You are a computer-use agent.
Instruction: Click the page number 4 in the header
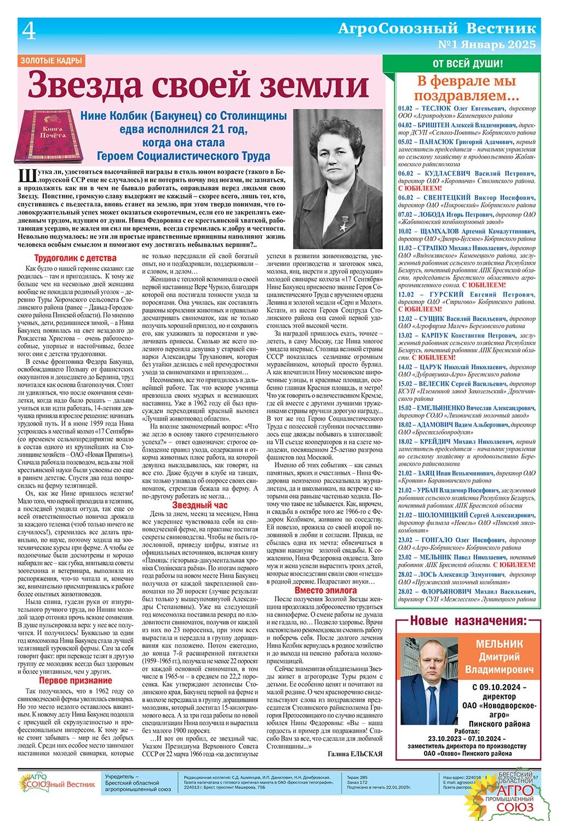coord(28,32)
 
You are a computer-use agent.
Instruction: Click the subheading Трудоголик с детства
coord(75,258)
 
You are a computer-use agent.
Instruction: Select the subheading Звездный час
coord(199,505)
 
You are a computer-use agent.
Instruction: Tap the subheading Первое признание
coord(75,680)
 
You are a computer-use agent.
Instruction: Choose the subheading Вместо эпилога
coord(325,590)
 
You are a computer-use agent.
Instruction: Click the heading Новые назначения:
coord(469,621)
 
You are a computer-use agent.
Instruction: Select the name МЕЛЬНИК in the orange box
coord(499,644)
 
